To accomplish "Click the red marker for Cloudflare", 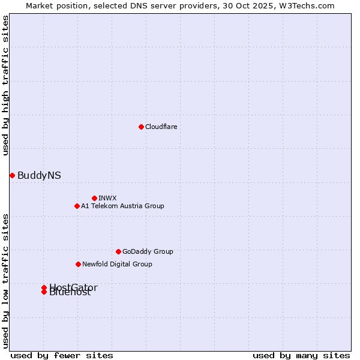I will pyautogui.click(x=141, y=127).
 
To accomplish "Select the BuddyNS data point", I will pyautogui.click(x=12, y=175).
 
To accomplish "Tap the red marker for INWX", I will pyautogui.click(x=94, y=198).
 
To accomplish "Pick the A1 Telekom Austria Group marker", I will pyautogui.click(x=77, y=206).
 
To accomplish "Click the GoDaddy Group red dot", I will pyautogui.click(x=118, y=251).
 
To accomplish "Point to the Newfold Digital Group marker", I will pyautogui.click(x=78, y=264).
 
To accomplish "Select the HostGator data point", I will pyautogui.click(x=44, y=288).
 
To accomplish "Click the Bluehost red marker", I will pyautogui.click(x=44, y=292).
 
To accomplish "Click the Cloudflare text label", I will pyautogui.click(x=161, y=127).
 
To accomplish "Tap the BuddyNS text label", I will pyautogui.click(x=39, y=175).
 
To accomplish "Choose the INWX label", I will pyautogui.click(x=107, y=198).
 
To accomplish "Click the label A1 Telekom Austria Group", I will pyautogui.click(x=122, y=206).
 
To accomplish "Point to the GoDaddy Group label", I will pyautogui.click(x=148, y=251).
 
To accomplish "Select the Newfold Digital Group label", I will pyautogui.click(x=117, y=264).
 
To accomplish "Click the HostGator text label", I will pyautogui.click(x=73, y=287).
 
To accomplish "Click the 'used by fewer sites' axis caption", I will pyautogui.click(x=62, y=355).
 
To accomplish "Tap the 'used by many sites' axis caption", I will pyautogui.click(x=301, y=355).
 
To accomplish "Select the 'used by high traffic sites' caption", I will pyautogui.click(x=5, y=85).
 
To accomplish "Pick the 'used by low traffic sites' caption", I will pyautogui.click(x=5, y=281).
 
